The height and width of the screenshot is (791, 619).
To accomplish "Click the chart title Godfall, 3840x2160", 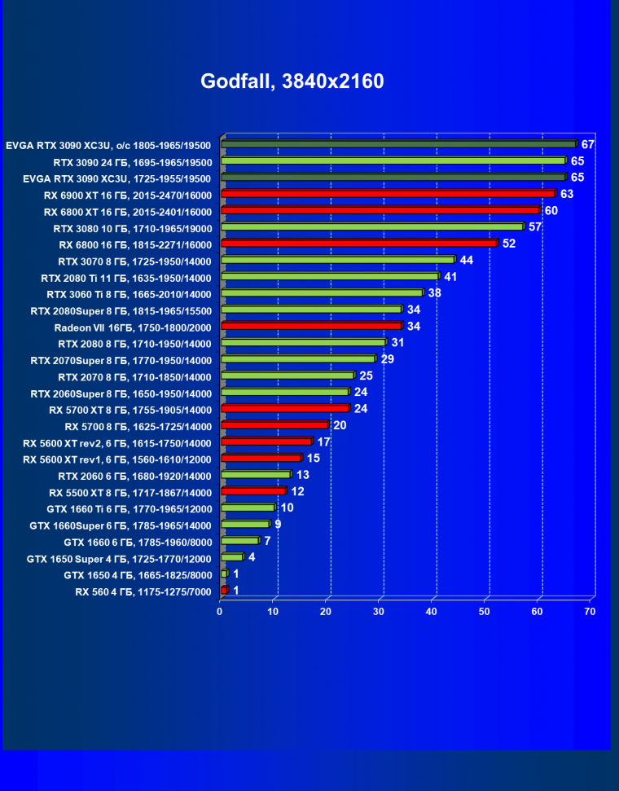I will pyautogui.click(x=292, y=81).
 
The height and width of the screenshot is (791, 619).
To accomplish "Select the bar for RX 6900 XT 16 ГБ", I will pyautogui.click(x=387, y=194).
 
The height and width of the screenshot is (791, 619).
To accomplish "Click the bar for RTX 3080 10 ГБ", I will pyautogui.click(x=371, y=227).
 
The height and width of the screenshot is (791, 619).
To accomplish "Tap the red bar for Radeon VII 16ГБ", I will pyautogui.click(x=310, y=326).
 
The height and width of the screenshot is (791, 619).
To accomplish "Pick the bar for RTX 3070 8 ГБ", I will pyautogui.click(x=337, y=260).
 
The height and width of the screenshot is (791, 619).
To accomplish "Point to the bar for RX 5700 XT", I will pyautogui.click(x=284, y=408).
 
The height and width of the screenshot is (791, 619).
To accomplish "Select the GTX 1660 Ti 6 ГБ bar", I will pyautogui.click(x=248, y=508).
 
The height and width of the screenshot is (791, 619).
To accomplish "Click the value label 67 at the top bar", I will pyautogui.click(x=588, y=144).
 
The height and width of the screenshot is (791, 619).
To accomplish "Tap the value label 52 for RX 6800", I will pyautogui.click(x=509, y=244).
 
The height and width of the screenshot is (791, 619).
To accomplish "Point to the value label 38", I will pyautogui.click(x=434, y=292).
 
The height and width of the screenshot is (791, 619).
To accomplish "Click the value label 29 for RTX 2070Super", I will pyautogui.click(x=387, y=359).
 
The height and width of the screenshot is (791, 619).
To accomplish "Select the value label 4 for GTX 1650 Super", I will pyautogui.click(x=252, y=558).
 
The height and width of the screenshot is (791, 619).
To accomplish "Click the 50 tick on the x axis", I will pyautogui.click(x=485, y=611).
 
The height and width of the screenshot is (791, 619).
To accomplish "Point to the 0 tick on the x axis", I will pyautogui.click(x=220, y=611).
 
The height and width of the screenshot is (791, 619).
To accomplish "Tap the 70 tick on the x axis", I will pyautogui.click(x=590, y=611).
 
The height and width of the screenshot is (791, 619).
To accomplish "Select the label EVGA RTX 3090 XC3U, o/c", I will pyautogui.click(x=108, y=146).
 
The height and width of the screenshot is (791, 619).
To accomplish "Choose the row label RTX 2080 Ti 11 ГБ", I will pyautogui.click(x=126, y=278).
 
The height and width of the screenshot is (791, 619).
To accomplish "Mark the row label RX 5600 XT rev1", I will pyautogui.click(x=117, y=459).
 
